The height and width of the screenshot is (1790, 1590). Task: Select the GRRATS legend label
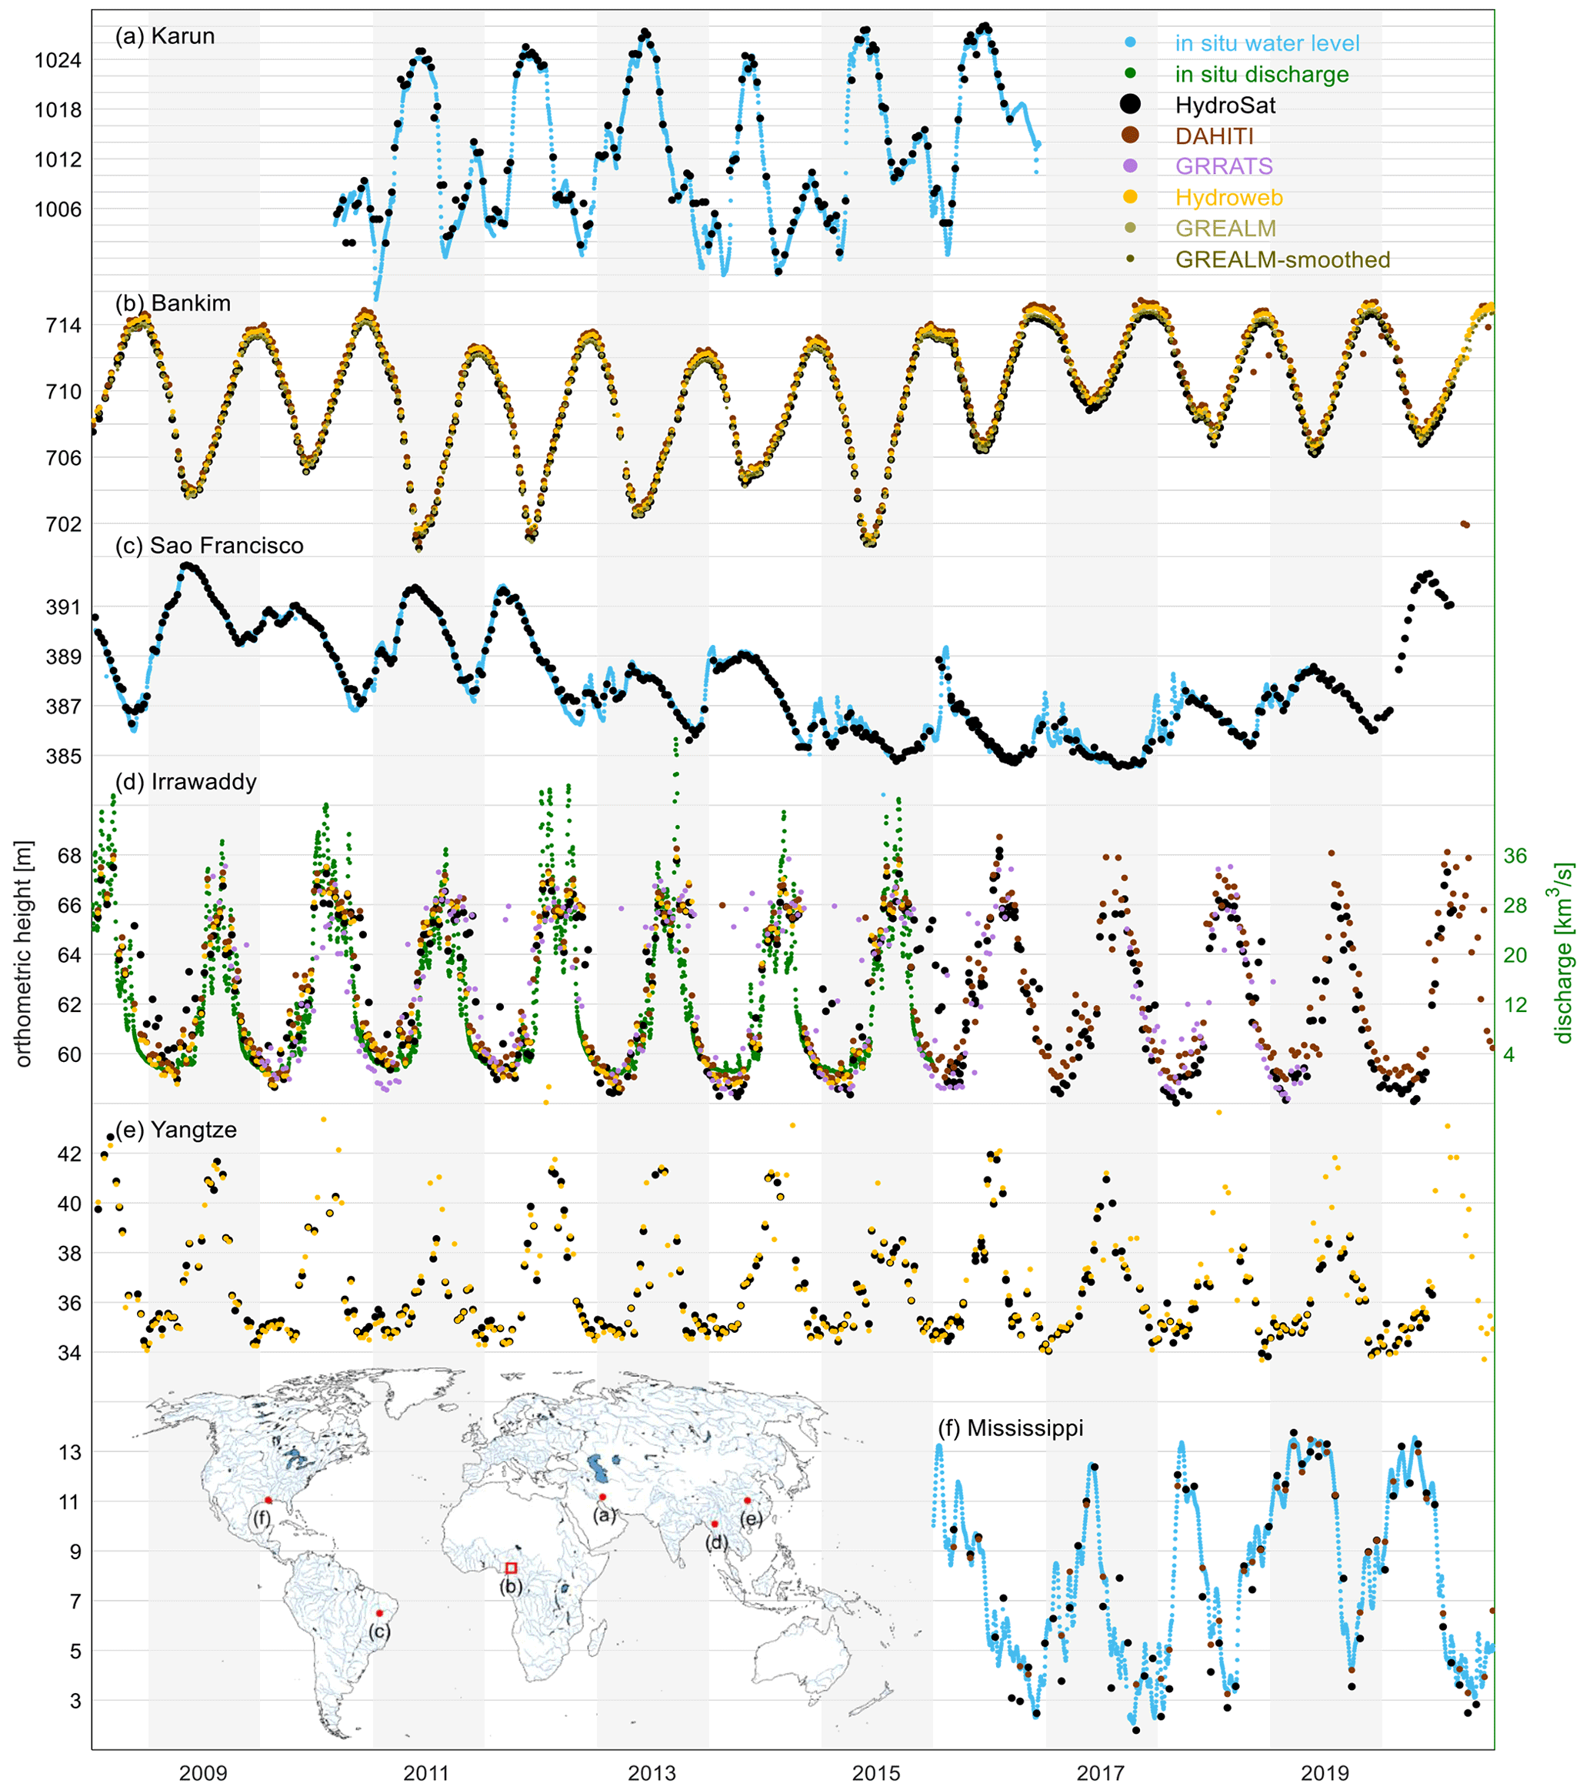pyautogui.click(x=1224, y=166)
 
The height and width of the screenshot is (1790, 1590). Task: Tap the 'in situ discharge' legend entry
pyautogui.click(x=1261, y=75)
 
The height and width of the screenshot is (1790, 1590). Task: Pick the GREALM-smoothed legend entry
pyautogui.click(x=1282, y=260)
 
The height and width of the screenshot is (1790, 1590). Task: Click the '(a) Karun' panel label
pyautogui.click(x=165, y=36)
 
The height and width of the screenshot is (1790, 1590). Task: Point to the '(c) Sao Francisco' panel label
pyautogui.click(x=209, y=546)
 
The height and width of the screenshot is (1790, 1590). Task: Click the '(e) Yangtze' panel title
pyautogui.click(x=176, y=1130)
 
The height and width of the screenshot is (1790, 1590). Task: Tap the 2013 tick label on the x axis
pyautogui.click(x=652, y=1772)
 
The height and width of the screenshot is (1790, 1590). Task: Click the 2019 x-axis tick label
pyautogui.click(x=1325, y=1772)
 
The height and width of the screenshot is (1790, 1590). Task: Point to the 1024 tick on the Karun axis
pyautogui.click(x=58, y=61)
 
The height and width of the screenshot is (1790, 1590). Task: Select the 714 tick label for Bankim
pyautogui.click(x=63, y=325)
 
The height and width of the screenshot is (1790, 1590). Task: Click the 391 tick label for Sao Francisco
pyautogui.click(x=63, y=607)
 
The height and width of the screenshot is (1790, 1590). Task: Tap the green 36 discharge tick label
pyautogui.click(x=1515, y=856)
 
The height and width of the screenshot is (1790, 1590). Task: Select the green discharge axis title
pyautogui.click(x=1562, y=953)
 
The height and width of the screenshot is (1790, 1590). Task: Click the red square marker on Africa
pyautogui.click(x=512, y=1568)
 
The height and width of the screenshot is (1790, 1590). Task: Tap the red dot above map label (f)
pyautogui.click(x=268, y=1500)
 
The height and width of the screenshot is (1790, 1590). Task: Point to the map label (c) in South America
pyautogui.click(x=378, y=1631)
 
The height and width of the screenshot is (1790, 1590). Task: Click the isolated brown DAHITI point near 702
pyautogui.click(x=1465, y=525)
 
